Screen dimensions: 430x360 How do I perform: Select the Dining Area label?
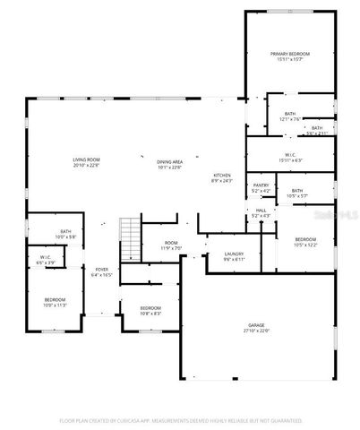[169, 163]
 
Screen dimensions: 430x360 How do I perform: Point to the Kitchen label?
[221, 176]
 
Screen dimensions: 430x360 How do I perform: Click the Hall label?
[260, 213]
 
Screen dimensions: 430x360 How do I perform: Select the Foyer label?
[101, 272]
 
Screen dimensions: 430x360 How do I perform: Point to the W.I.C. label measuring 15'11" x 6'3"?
[290, 158]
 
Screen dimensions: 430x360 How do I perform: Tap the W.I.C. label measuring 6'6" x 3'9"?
[46, 261]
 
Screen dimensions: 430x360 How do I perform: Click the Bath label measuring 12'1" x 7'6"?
[290, 116]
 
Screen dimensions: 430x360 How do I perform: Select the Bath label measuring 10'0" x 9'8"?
[65, 235]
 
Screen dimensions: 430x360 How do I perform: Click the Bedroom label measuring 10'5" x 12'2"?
[305, 242]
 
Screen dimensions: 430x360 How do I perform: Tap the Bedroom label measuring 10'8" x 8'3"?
[150, 310]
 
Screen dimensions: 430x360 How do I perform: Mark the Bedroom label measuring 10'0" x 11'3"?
[56, 302]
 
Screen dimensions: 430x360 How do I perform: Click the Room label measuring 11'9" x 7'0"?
[170, 245]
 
